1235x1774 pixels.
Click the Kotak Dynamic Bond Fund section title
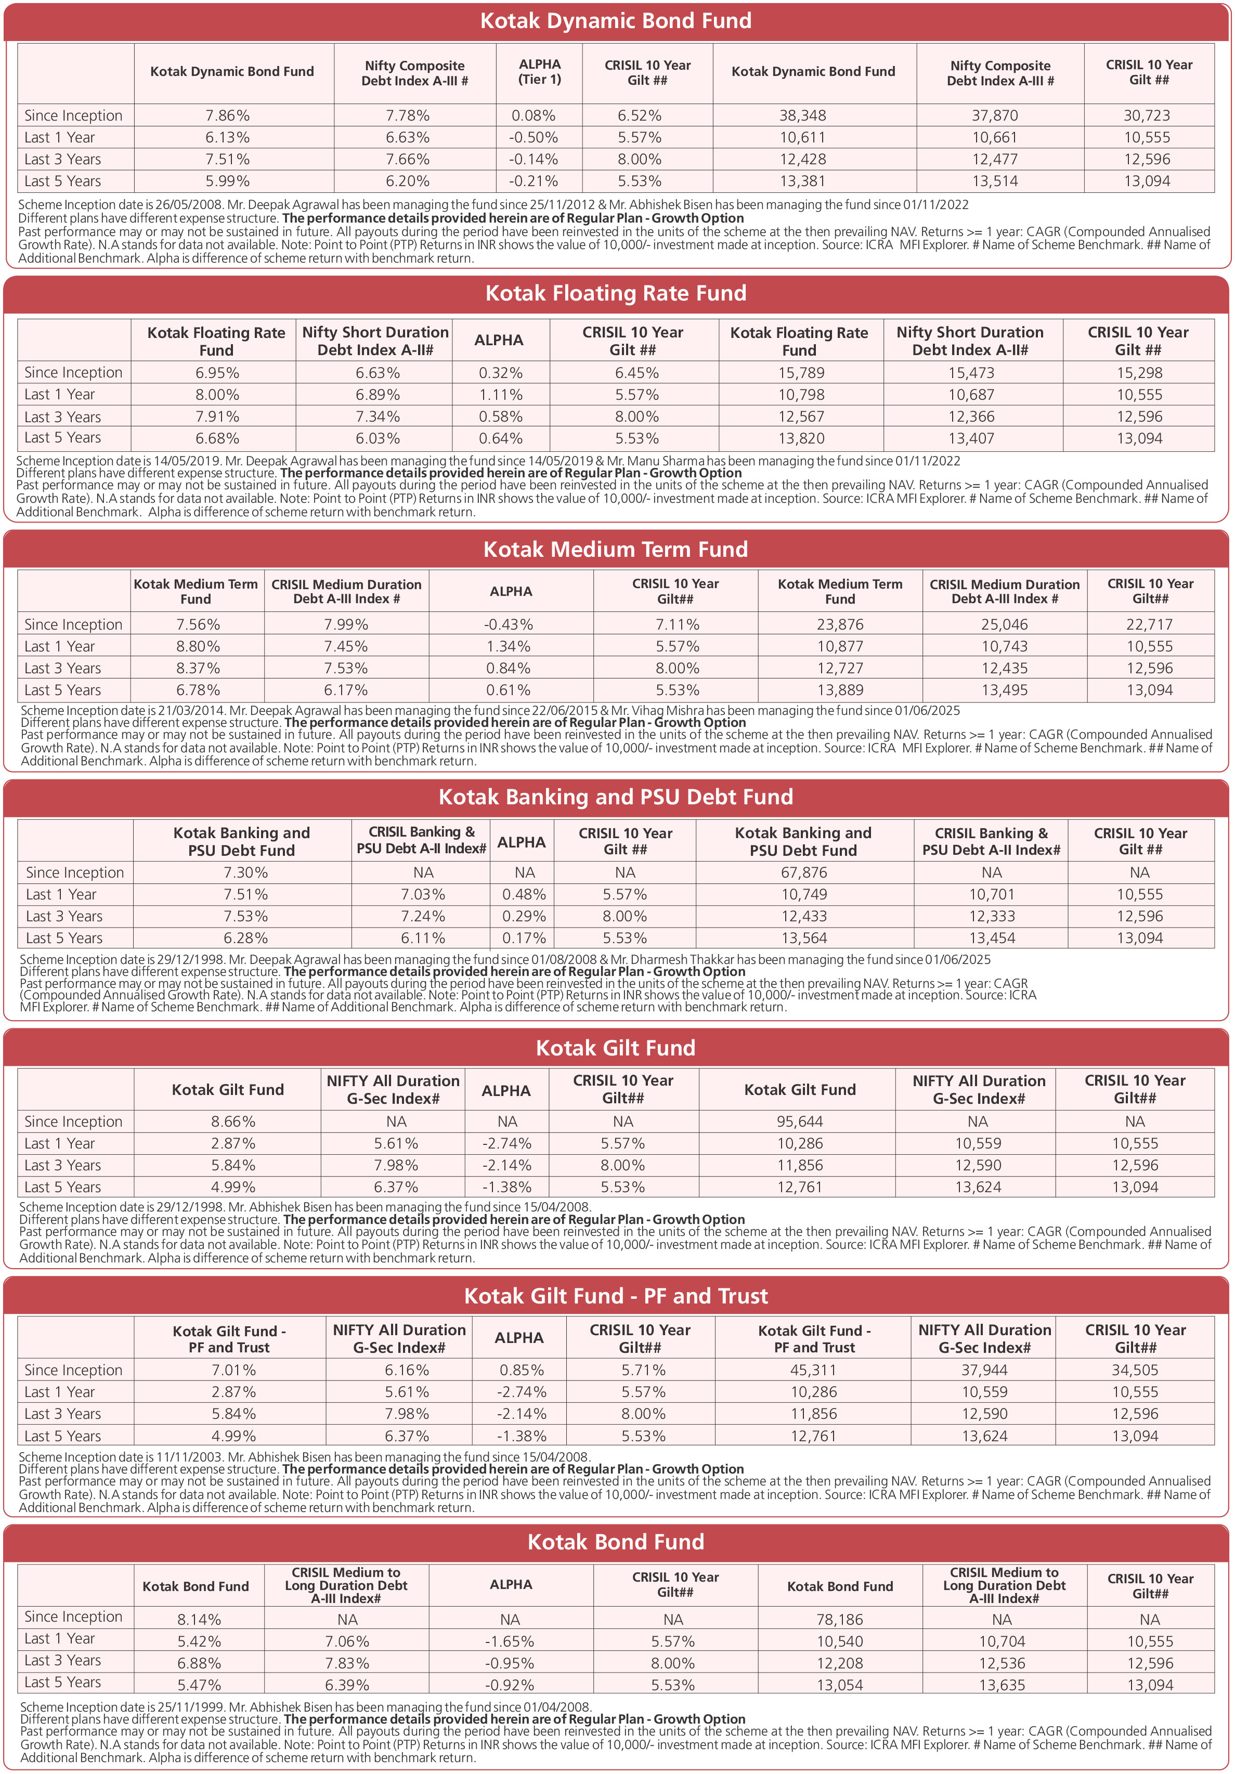tap(616, 21)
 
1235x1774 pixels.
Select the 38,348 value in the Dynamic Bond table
tap(802, 115)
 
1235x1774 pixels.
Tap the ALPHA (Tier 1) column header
tap(539, 72)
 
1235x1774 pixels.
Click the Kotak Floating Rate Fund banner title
tap(616, 294)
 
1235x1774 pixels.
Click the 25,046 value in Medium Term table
tap(1004, 624)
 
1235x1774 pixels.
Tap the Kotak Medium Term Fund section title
tap(616, 550)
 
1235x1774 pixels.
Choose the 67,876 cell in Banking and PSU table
tap(804, 872)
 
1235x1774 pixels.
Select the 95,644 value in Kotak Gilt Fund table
tap(800, 1121)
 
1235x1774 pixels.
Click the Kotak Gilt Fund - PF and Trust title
tap(616, 1296)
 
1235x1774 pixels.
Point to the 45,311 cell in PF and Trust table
tap(813, 1370)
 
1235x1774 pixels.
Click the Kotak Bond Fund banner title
tap(616, 1542)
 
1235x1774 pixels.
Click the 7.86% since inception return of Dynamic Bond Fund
tap(227, 115)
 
